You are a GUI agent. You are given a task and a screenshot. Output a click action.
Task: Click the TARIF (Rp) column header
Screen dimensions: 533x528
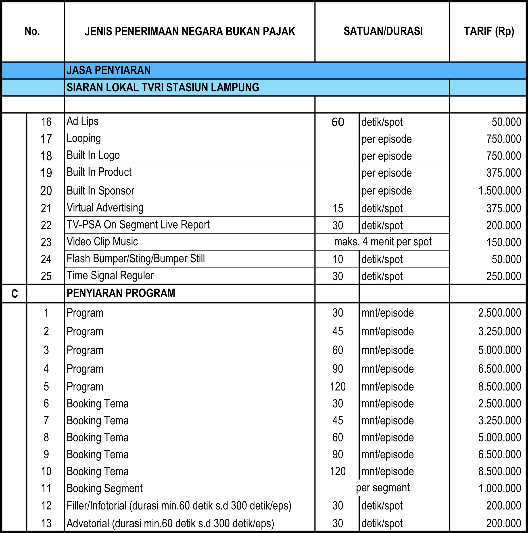[x=489, y=32]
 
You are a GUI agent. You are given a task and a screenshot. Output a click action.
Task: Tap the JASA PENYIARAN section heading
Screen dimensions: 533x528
[x=109, y=70]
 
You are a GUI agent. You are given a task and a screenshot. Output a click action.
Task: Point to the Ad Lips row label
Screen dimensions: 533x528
[x=82, y=121]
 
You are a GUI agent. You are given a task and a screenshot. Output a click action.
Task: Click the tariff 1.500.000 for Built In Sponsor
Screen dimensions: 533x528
[x=500, y=191]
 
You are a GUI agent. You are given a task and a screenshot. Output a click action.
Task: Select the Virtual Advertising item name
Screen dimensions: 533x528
[x=105, y=208]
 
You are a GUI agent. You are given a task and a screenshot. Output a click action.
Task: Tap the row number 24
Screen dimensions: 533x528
[x=46, y=259]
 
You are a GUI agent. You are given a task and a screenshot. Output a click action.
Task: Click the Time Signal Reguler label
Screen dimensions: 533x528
[x=110, y=276]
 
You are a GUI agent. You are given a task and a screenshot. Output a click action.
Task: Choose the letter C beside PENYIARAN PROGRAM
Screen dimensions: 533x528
[x=14, y=293]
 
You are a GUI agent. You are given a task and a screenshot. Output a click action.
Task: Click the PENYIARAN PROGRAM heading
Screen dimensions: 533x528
[x=121, y=293]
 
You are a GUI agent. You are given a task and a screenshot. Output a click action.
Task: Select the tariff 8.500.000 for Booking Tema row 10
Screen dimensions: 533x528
[x=499, y=472]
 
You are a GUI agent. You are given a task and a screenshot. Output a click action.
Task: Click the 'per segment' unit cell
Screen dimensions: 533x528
[x=383, y=488]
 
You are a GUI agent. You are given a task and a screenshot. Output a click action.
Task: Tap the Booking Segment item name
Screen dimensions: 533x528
[x=104, y=489]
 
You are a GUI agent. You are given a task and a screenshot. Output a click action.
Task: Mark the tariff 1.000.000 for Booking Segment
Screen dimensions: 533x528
[x=500, y=489]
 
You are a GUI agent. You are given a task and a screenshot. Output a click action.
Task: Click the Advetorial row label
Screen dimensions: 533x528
[x=170, y=523]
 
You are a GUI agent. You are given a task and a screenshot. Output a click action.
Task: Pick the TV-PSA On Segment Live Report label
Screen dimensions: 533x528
[x=138, y=225]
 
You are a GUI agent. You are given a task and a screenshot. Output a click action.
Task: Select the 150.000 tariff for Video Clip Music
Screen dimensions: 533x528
[x=503, y=242]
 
